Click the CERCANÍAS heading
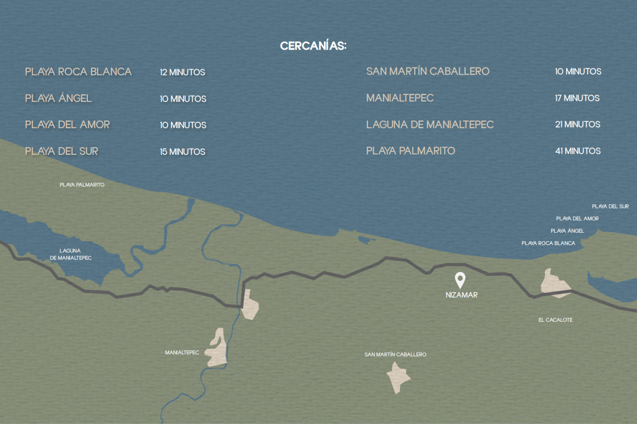point(313,46)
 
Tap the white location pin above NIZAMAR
point(460,279)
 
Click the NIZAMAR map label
point(462,295)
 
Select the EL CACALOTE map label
point(555,320)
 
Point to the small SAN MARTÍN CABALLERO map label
point(395,354)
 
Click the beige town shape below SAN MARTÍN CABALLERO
point(398,377)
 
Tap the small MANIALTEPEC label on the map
point(182,352)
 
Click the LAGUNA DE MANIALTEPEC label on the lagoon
point(71,254)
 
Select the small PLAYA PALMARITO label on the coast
point(82,185)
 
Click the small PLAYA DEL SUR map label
point(610,206)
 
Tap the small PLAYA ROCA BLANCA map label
point(548,243)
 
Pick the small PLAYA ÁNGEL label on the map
point(567,231)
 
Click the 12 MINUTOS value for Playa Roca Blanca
point(182,72)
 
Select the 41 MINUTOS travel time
point(578,151)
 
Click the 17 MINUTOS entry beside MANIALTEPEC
point(577,98)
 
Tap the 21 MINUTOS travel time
point(578,125)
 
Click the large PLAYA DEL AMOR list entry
point(67,125)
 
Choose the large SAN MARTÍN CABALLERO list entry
point(428,71)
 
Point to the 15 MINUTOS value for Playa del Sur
point(182,152)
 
